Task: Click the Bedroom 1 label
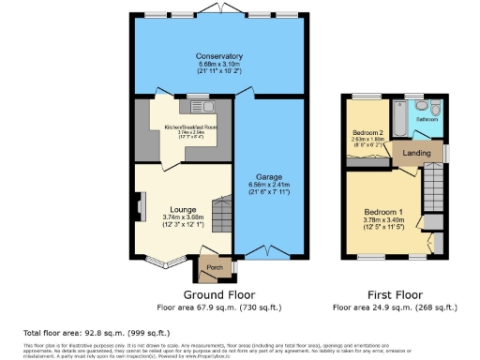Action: coord(383,213)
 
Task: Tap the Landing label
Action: coord(416,153)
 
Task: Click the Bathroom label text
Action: coord(428,119)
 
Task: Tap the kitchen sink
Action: coord(201,106)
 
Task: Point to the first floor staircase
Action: coord(433,185)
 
